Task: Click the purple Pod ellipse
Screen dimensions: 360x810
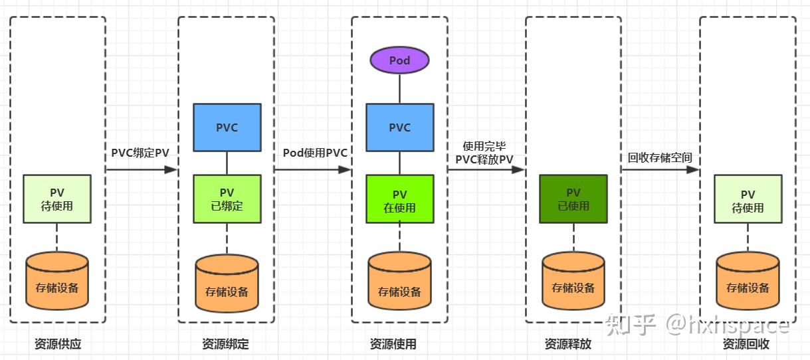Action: click(x=399, y=60)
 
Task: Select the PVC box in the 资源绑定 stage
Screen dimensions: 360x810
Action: click(x=227, y=128)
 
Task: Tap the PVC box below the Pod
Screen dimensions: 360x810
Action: click(x=399, y=128)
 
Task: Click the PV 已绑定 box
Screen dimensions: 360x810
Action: click(x=227, y=199)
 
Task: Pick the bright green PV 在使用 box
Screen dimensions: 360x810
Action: click(x=399, y=199)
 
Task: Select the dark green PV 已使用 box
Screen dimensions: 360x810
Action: click(x=573, y=199)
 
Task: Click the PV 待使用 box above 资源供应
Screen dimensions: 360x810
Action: click(x=57, y=199)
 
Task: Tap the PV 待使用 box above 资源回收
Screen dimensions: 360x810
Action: click(x=748, y=199)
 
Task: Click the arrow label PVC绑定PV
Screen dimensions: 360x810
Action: click(x=140, y=153)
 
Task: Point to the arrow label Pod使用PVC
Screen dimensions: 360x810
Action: click(x=315, y=153)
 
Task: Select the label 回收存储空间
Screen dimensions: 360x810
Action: click(x=660, y=158)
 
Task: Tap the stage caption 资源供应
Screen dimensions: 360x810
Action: click(x=58, y=344)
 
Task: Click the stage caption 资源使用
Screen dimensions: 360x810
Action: click(x=393, y=344)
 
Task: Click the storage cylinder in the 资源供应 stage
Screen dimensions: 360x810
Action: click(x=57, y=284)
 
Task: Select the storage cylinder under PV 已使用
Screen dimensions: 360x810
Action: click(x=573, y=284)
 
